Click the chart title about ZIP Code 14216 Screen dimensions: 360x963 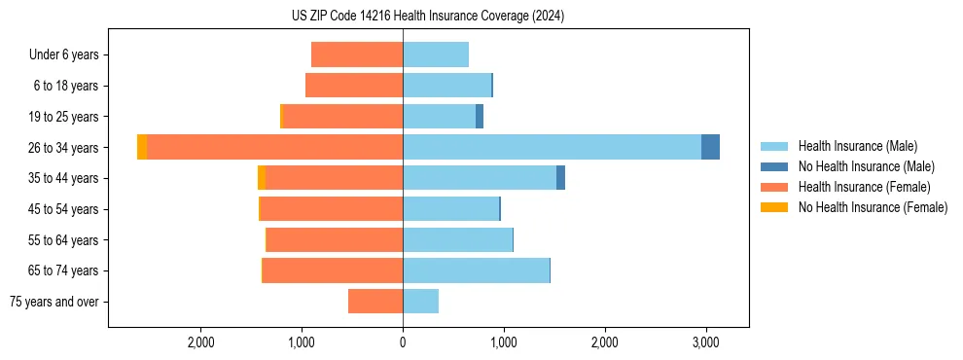427,17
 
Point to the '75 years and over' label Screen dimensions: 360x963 54,302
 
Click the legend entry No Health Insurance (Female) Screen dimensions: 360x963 873,207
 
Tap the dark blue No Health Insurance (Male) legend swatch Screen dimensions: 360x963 774,166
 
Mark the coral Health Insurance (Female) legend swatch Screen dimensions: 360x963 774,187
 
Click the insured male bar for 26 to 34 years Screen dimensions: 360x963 552,147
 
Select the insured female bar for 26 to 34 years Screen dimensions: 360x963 274,147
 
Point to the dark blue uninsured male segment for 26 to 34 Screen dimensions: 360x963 710,147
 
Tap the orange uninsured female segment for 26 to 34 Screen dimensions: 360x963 142,147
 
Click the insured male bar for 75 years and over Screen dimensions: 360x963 420,302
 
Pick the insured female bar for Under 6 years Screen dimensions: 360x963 357,55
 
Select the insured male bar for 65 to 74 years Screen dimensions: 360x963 476,270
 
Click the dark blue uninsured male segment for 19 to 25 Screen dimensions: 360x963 480,117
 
